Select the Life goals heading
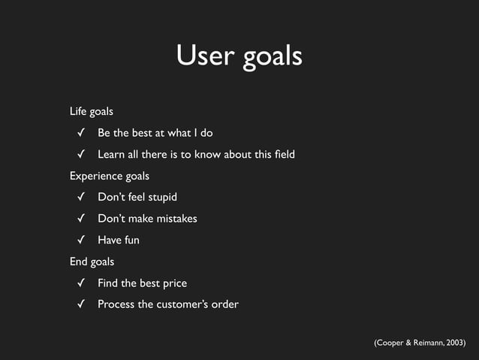coord(92,111)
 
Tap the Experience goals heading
coord(110,176)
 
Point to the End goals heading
coord(92,262)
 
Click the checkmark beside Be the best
coord(79,133)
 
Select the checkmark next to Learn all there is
coord(79,155)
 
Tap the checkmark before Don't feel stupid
coord(79,198)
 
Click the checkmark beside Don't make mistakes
coord(79,219)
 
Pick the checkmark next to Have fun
coord(79,241)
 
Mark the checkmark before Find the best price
coord(79,283)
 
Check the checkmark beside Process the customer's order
coord(79,304)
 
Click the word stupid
coord(161,198)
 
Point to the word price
coord(173,283)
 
